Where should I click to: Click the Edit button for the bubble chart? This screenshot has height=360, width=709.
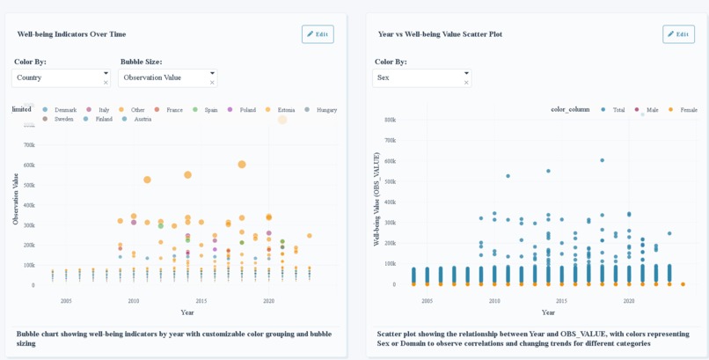coord(318,34)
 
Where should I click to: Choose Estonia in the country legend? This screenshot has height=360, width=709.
coord(286,110)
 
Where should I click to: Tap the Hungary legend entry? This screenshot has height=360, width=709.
coord(326,110)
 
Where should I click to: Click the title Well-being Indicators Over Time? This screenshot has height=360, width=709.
coord(71,34)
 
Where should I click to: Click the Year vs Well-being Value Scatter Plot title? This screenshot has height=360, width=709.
coord(440,34)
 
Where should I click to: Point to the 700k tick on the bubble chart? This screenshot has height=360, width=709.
coord(29,145)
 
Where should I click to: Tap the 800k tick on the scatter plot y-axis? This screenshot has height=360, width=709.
coord(390,140)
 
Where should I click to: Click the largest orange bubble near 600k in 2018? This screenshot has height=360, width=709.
coord(242,165)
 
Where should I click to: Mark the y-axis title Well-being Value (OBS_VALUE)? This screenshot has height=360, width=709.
coord(376,199)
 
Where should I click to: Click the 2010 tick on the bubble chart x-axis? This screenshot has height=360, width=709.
coord(134,301)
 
